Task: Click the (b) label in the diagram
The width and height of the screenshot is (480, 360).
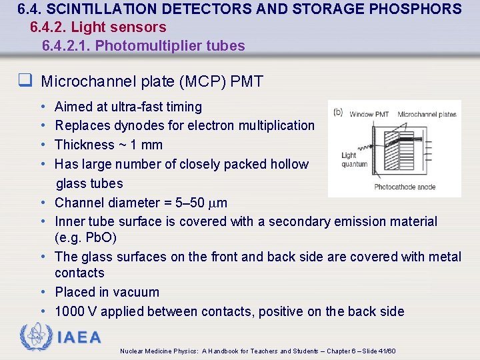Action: [x=338, y=112]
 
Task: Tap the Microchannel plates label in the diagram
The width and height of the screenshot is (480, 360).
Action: [x=427, y=114]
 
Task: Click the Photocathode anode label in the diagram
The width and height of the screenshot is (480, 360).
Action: [x=405, y=187]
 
